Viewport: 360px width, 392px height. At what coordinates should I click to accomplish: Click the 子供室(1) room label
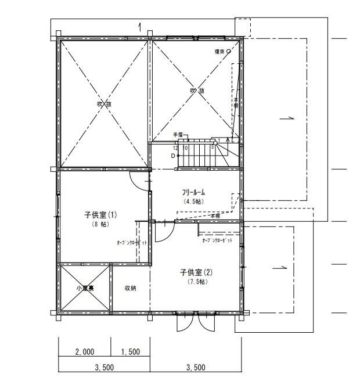point(100,215)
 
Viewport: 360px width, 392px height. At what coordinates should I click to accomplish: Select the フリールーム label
point(194,192)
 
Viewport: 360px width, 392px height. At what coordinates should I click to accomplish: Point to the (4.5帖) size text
point(194,202)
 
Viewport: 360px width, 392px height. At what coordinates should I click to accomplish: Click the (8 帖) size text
point(100,224)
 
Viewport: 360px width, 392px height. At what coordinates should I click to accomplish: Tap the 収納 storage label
point(130,288)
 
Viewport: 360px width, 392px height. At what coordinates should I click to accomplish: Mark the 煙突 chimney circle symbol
point(228,51)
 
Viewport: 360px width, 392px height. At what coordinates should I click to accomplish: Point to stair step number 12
point(175,148)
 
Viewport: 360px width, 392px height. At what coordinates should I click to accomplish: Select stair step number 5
point(213,148)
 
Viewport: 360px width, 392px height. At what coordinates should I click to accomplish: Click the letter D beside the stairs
point(173,156)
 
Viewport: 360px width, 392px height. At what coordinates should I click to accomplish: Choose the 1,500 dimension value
point(130,352)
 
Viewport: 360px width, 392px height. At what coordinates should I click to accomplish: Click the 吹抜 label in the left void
point(104,104)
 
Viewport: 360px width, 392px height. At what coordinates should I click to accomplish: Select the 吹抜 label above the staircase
point(197,91)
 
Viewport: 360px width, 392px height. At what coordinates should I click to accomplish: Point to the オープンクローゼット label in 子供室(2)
point(217,240)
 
